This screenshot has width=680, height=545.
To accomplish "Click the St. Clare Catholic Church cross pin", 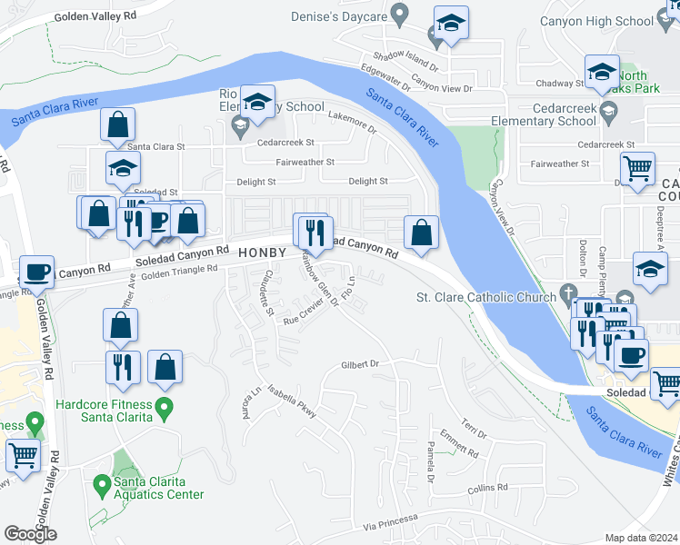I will click(568, 293).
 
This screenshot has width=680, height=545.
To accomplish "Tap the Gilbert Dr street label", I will click(359, 364).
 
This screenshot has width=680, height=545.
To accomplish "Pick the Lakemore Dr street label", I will click(350, 117).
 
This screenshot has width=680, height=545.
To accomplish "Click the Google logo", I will click(30, 534).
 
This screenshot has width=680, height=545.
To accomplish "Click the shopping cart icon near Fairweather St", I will click(637, 168).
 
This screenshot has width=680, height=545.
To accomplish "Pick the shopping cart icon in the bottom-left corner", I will click(24, 454).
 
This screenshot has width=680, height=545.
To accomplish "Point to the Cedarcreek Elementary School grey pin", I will click(608, 112).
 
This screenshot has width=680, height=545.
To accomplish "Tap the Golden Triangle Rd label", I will click(180, 269).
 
